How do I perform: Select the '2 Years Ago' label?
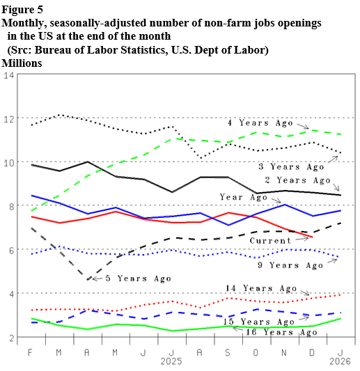click(296, 180)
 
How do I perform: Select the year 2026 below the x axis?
click(340, 363)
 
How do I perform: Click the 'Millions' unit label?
click(22, 63)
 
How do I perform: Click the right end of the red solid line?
click(312, 237)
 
